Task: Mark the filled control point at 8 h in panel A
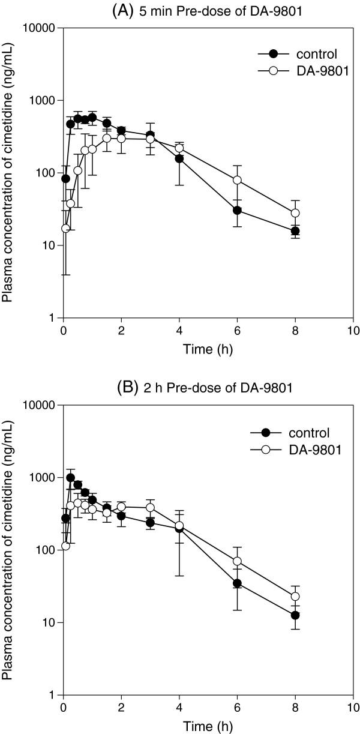point(295,231)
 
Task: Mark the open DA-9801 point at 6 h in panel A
point(237,180)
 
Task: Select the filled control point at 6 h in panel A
point(237,210)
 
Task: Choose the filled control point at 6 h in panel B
point(237,583)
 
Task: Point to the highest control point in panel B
point(70,478)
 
